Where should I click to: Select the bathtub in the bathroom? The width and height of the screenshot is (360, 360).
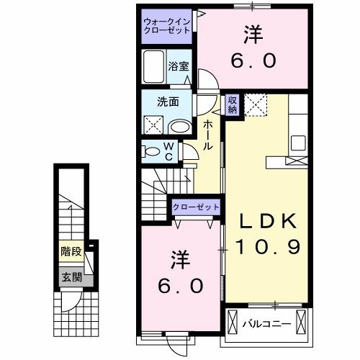154,68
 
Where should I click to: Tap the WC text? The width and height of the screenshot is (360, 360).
167,152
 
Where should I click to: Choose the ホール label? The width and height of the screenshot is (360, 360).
207,135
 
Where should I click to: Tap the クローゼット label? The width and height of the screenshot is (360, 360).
195,207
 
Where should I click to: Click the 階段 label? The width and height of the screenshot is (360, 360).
70,252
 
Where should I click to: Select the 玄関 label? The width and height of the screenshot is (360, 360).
70,276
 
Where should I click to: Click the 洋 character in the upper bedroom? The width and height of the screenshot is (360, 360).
252,33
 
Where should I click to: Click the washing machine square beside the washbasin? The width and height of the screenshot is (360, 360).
153,125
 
